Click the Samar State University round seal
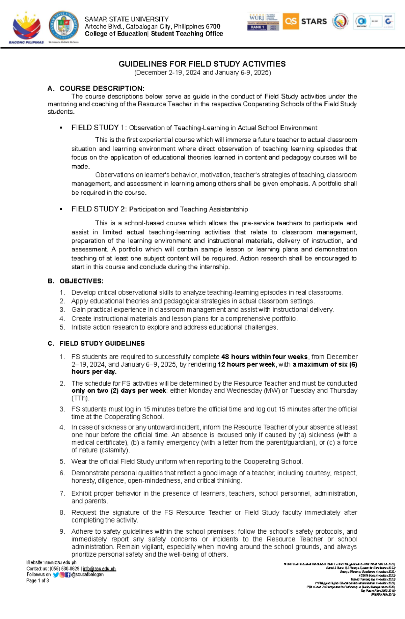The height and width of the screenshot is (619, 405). click(x=64, y=26)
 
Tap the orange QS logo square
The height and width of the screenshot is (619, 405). click(x=290, y=21)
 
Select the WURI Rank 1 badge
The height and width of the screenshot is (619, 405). click(x=263, y=22)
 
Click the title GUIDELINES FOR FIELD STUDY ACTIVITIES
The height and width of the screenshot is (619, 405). click(x=202, y=64)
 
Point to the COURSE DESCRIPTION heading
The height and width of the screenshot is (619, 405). click(x=102, y=88)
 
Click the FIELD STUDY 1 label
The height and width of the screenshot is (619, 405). click(x=99, y=128)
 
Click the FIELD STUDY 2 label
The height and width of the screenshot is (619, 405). click(x=99, y=209)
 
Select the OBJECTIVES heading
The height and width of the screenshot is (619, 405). click(x=81, y=281)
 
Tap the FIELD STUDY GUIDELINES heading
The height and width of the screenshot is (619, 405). click(x=102, y=343)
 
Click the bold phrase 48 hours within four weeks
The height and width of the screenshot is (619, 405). click(x=264, y=357)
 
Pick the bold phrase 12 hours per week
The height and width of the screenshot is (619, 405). click(x=246, y=364)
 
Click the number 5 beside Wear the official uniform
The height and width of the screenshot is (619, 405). click(x=62, y=461)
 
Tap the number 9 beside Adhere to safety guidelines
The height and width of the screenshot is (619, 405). click(x=62, y=532)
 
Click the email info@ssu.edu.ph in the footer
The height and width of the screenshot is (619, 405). click(x=99, y=569)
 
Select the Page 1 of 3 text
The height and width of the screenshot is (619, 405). click(x=37, y=581)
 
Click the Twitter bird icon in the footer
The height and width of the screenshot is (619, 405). click(x=56, y=575)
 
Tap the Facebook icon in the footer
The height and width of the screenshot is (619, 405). click(x=68, y=575)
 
